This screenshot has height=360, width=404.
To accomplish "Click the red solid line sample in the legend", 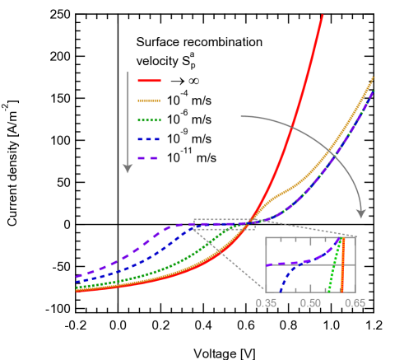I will tap(149, 81).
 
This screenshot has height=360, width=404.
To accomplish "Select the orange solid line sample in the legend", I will tap(149, 101).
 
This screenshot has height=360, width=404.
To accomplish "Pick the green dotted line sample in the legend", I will tap(149, 119).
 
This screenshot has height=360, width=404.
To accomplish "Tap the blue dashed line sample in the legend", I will tap(149, 138).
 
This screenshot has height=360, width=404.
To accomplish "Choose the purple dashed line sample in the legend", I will tap(149, 157).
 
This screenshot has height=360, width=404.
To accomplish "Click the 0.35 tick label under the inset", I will tap(266, 303).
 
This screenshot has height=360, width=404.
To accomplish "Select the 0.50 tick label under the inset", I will tap(310, 303).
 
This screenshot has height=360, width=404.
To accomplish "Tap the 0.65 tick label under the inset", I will tap(355, 303).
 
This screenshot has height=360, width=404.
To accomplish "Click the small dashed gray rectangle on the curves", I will tap(224, 224).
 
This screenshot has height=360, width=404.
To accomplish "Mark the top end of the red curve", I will tap(323, 15).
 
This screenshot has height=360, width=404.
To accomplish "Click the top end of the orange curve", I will tap(373, 77).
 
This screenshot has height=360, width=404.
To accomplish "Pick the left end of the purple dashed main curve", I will tap(77, 277).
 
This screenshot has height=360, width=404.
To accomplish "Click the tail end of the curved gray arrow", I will tap(242, 117).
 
